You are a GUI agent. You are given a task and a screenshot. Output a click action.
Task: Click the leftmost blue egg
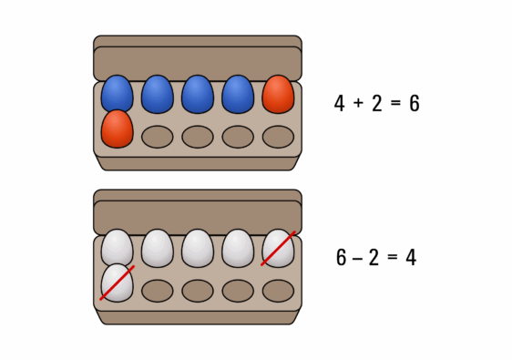[117, 94]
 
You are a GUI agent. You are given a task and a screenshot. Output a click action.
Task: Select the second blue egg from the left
[157, 94]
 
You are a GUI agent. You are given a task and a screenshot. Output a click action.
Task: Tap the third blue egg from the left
[197, 94]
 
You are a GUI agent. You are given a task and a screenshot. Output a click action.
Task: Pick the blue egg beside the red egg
[238, 94]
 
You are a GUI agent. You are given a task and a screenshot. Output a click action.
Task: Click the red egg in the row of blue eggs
[278, 94]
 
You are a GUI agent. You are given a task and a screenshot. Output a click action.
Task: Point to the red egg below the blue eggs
[117, 129]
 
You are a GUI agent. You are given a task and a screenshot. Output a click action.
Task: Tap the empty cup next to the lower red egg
[158, 137]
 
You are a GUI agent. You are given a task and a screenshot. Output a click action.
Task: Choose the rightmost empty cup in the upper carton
[278, 137]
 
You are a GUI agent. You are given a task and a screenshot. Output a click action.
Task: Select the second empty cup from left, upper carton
[198, 137]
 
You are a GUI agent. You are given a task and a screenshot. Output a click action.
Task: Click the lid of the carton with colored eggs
[197, 60]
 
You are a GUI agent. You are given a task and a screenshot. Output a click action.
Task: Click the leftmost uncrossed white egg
[117, 248]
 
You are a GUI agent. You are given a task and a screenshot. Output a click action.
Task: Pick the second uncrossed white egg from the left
[157, 248]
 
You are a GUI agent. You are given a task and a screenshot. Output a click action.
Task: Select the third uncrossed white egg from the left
[197, 248]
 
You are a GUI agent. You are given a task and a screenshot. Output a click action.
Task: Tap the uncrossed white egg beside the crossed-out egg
[238, 248]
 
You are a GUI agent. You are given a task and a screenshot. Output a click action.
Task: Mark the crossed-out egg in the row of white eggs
[278, 248]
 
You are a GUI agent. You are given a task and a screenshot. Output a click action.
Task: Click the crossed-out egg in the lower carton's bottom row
[117, 283]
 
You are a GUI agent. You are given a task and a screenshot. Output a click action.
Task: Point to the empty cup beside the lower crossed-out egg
[158, 291]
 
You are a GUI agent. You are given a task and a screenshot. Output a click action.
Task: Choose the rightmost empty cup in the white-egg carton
[278, 291]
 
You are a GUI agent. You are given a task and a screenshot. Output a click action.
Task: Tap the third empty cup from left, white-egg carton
[238, 291]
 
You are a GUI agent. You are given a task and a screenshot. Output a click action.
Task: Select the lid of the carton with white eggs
[197, 215]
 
